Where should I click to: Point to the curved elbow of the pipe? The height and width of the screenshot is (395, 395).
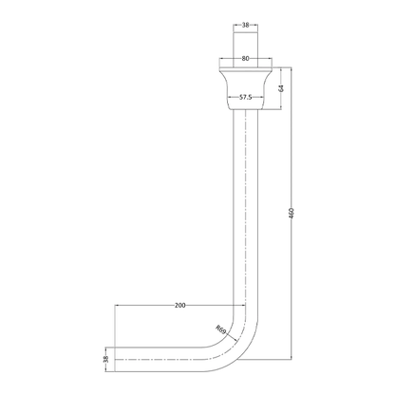tap(235, 342)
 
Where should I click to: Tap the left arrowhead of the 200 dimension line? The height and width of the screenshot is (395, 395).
tap(118, 306)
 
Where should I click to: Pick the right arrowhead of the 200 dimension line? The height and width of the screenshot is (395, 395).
tap(243, 306)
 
